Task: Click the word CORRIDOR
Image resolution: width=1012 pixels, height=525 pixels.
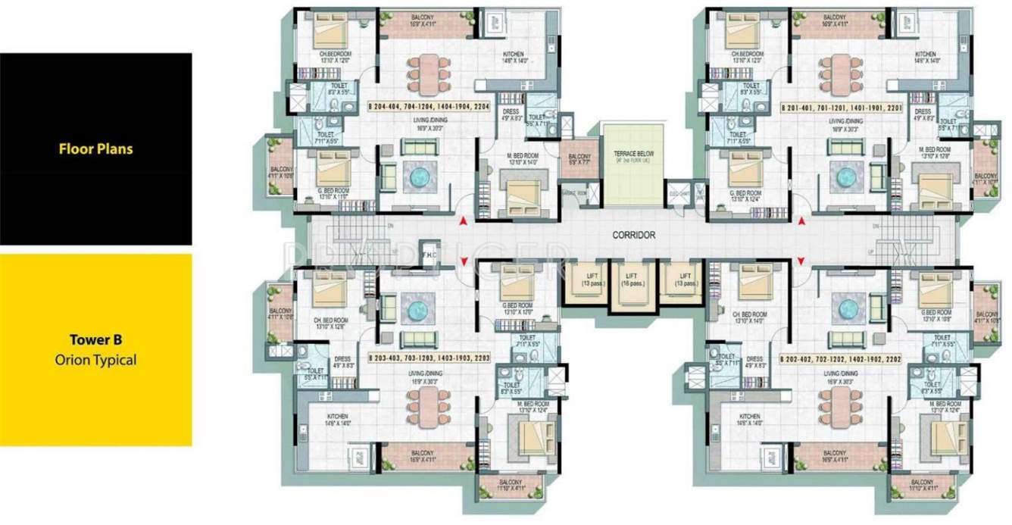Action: [x=634, y=236]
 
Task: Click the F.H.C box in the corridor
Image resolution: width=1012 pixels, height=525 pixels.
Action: [x=429, y=255]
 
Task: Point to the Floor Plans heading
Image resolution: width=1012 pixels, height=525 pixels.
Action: [x=95, y=149]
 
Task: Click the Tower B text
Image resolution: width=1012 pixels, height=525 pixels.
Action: [x=95, y=340]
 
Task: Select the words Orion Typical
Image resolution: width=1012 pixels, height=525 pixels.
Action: [x=95, y=360]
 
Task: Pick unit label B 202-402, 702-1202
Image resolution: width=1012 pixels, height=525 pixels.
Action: [x=840, y=357]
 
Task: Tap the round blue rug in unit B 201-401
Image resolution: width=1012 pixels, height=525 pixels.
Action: [x=845, y=177]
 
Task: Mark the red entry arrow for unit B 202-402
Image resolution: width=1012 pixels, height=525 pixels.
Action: [x=801, y=261]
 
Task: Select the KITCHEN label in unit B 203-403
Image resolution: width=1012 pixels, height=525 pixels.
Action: [x=338, y=418]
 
